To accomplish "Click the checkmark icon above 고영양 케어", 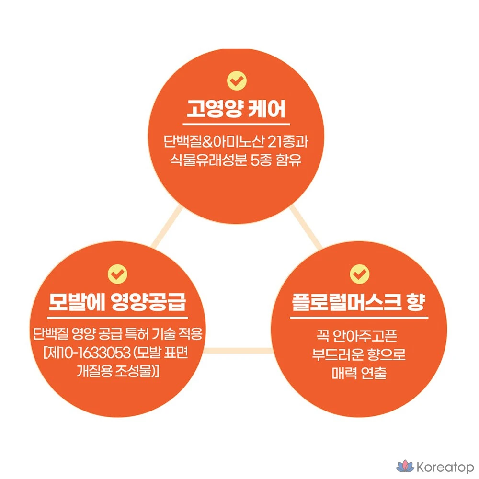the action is (237, 80).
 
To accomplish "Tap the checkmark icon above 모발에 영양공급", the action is (118, 274).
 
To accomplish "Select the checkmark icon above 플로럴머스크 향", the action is (360, 274).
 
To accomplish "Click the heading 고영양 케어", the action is (236, 109).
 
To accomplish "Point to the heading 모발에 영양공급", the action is (117, 302).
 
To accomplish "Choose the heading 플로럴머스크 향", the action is (359, 302).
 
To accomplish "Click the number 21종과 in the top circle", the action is (287, 141).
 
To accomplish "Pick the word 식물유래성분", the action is (208, 160).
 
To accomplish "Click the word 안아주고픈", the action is (365, 336).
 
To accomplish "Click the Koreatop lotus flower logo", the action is (405, 467).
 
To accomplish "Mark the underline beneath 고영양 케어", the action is (237, 125).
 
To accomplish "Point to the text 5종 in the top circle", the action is (261, 160).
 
